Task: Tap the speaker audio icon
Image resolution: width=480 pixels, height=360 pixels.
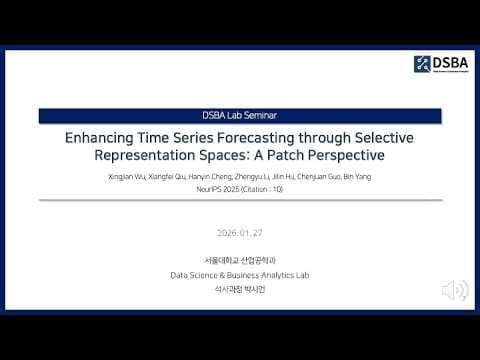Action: [455, 290]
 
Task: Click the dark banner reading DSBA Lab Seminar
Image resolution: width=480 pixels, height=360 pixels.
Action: [239, 116]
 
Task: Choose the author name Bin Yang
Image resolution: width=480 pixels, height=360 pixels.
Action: [359, 176]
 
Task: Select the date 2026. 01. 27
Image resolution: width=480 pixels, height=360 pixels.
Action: [239, 232]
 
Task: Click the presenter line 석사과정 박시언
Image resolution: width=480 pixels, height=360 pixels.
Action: [239, 288]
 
